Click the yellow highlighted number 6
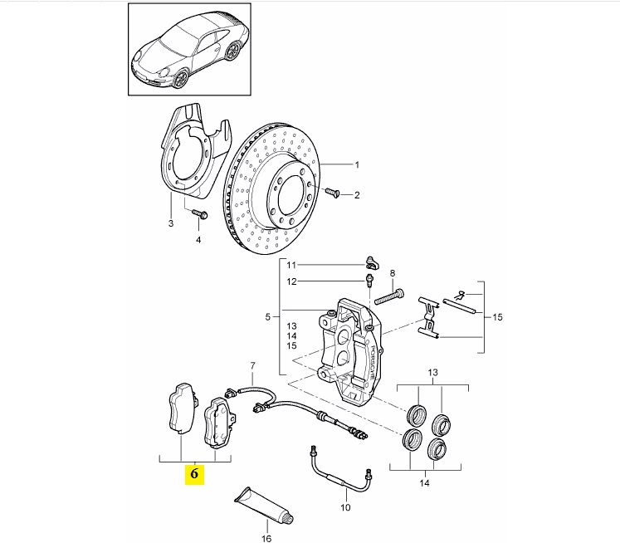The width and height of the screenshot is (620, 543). point(194,474)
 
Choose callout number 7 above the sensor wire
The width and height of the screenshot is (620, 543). point(253,365)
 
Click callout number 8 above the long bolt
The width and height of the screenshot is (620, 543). point(392,273)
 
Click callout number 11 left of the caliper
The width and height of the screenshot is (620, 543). point(291,266)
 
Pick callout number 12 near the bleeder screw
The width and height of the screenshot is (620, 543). point(291,281)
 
